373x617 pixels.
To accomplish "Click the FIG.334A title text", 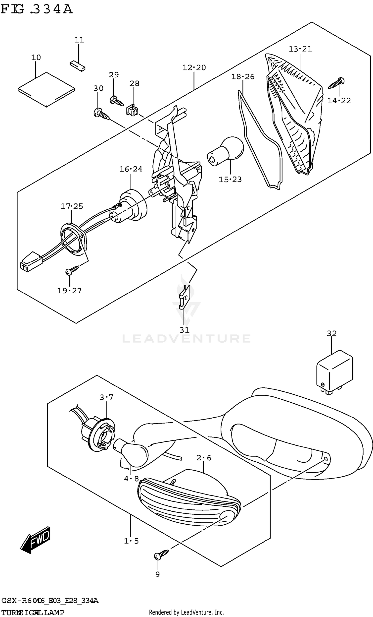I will pos(37,9).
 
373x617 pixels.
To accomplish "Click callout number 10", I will pos(36,58).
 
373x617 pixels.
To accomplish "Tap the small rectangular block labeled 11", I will pos(78,66).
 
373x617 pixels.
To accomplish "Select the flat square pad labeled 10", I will pos(47,89).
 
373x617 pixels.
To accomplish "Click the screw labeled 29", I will pos(116,101).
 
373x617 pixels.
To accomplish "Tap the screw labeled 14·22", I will pos(336,83).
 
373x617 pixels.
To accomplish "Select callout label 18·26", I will pos(242,77).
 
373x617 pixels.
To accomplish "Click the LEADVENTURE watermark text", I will pos(186,339).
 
